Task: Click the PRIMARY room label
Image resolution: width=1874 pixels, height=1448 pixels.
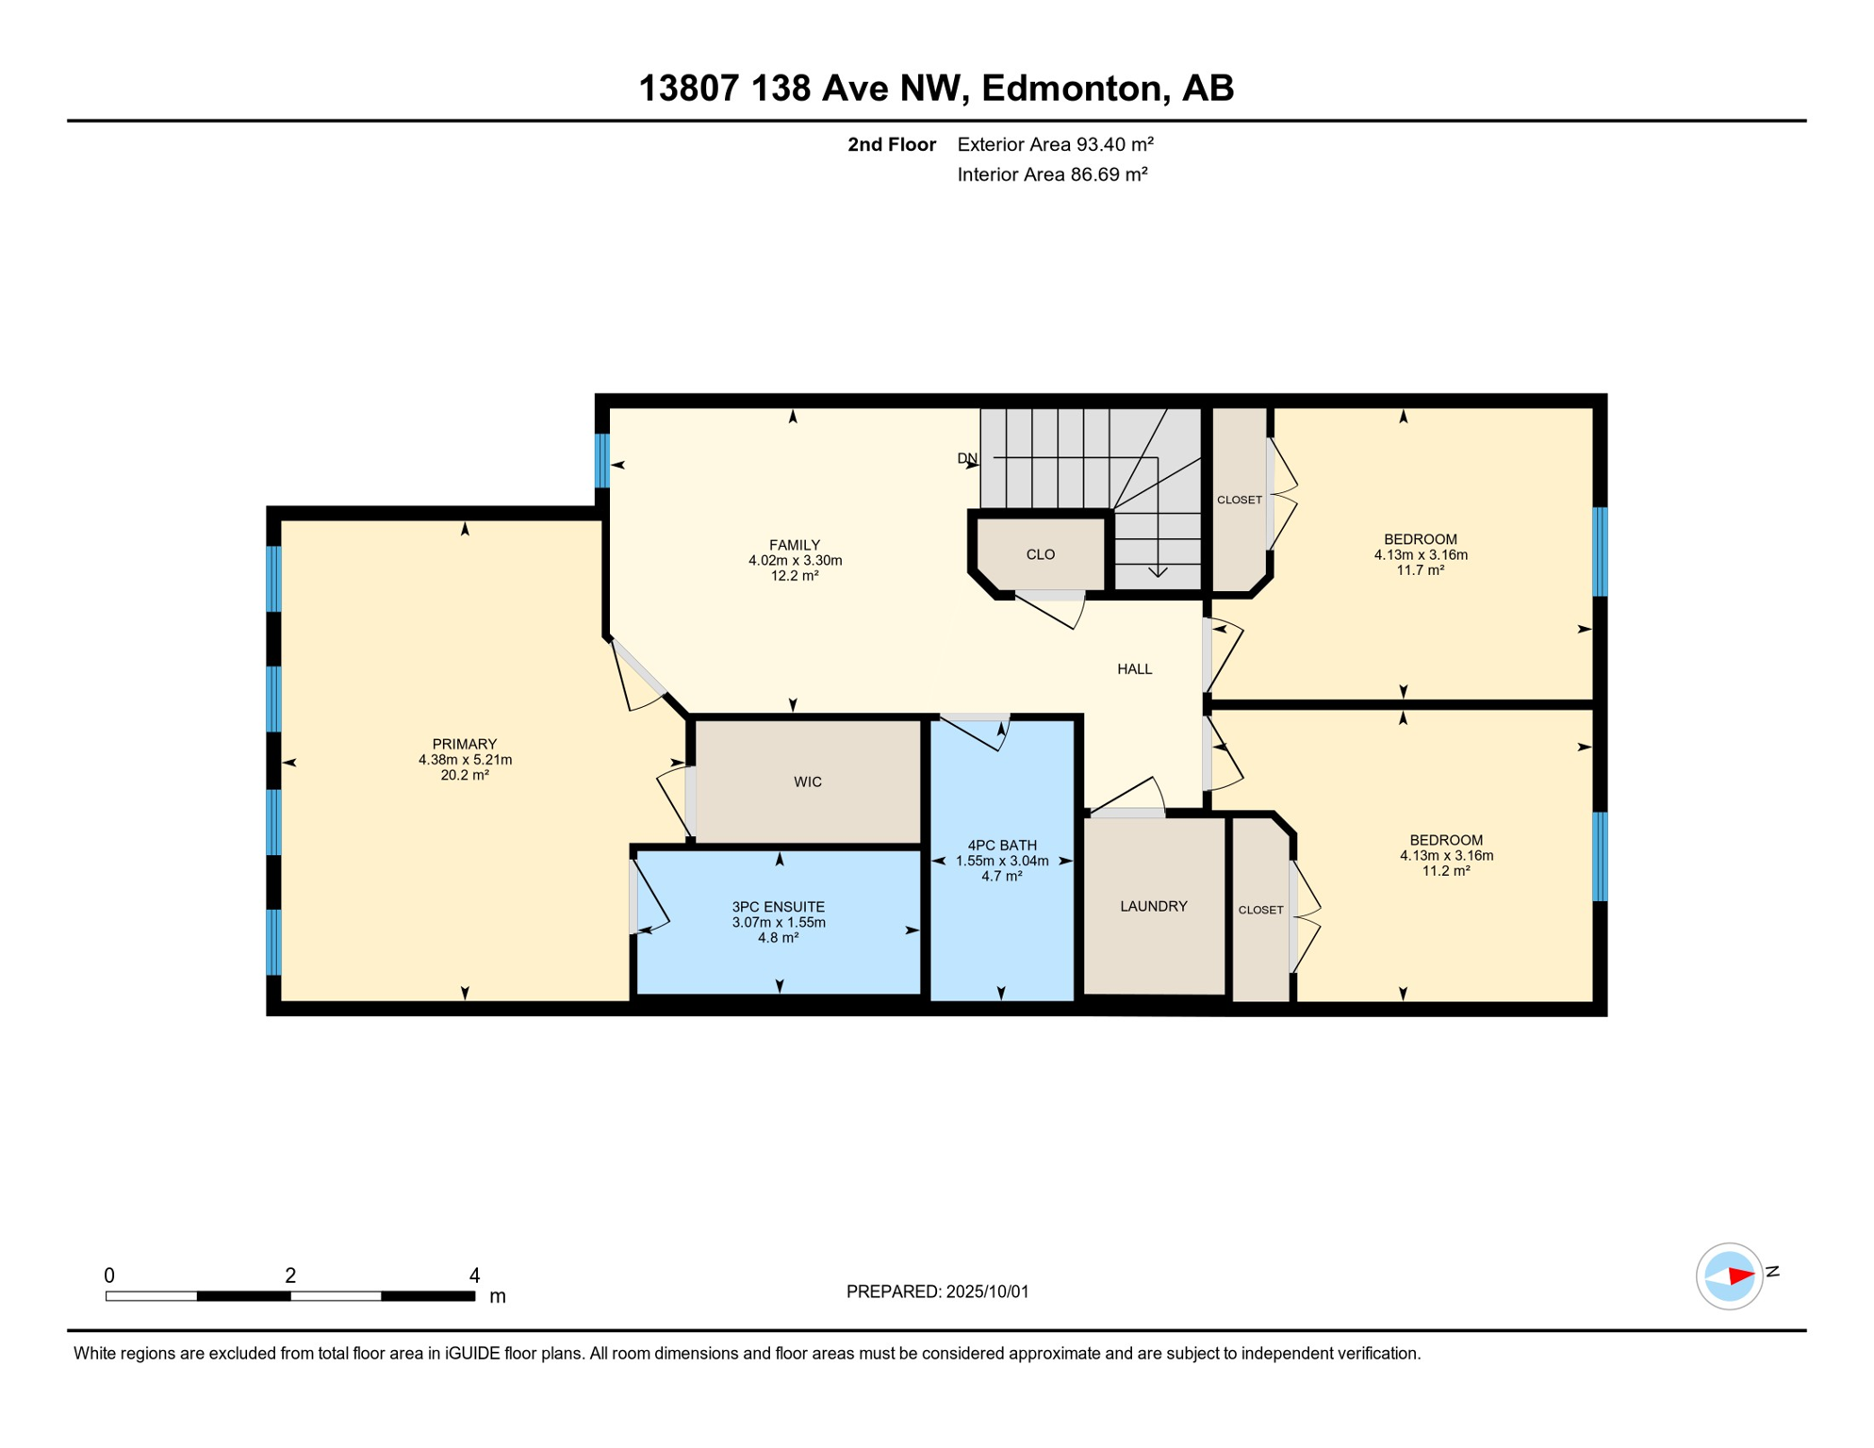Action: click(465, 745)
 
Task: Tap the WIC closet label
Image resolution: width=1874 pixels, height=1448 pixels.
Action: click(808, 782)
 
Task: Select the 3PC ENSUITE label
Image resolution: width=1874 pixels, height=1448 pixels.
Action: click(779, 908)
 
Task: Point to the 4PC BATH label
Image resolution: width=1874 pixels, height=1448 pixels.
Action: click(1002, 847)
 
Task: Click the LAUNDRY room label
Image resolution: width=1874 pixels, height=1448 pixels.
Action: click(1154, 907)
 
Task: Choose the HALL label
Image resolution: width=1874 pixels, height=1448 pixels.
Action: click(1135, 669)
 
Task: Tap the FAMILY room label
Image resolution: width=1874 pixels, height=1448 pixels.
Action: click(795, 546)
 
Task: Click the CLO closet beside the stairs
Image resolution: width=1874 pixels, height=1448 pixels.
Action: click(1041, 555)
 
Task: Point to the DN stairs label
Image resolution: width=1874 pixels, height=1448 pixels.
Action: click(967, 459)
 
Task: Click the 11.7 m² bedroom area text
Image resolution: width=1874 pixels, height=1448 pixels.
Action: click(1421, 570)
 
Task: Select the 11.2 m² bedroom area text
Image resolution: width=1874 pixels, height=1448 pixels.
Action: click(1446, 871)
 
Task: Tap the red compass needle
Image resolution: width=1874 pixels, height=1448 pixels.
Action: click(1740, 1276)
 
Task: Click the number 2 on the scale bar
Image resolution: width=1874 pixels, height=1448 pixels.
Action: click(290, 1275)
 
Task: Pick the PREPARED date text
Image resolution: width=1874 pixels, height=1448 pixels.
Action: click(938, 1292)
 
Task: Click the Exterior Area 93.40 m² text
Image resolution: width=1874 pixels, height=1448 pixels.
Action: click(1056, 145)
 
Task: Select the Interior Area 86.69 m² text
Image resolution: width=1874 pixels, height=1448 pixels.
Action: click(1053, 175)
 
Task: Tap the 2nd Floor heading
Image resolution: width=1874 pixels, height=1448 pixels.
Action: click(892, 145)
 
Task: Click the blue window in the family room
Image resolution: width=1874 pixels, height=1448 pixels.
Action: click(602, 460)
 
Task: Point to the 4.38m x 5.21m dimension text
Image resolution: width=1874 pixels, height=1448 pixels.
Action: click(466, 760)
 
